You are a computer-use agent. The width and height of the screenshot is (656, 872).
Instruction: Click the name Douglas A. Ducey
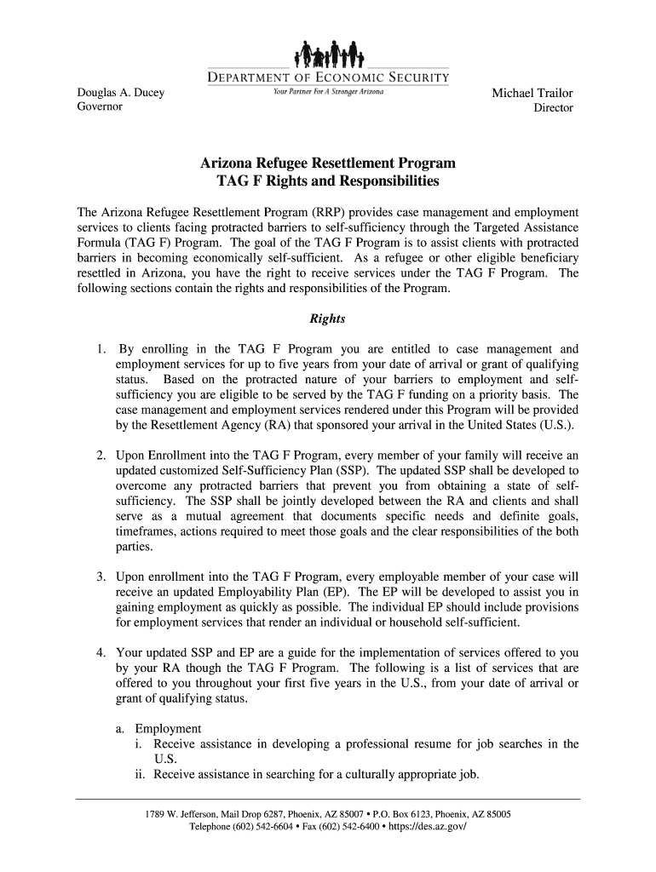[122, 93]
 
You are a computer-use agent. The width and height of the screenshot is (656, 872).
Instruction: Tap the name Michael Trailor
[532, 93]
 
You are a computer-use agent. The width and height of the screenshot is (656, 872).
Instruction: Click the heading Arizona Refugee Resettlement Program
[328, 163]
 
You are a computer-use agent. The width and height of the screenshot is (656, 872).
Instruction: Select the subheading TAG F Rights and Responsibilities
[328, 182]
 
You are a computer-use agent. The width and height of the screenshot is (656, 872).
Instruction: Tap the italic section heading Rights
[328, 319]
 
